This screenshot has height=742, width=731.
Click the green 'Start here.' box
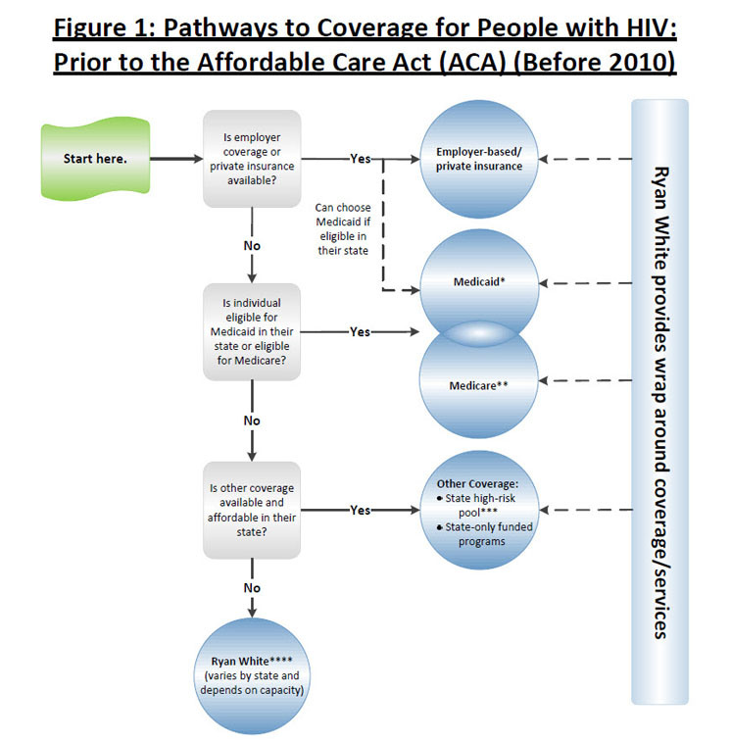95,158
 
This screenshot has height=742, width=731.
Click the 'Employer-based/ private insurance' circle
479,159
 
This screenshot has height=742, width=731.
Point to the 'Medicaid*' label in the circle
479,281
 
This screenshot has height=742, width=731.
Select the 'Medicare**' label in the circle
479,385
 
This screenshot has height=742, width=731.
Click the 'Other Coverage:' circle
479,510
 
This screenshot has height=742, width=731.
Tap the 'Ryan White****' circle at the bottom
252,676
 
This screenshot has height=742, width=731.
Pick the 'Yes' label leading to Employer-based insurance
360,159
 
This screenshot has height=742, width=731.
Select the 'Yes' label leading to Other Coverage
360,511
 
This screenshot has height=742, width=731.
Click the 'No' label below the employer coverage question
252,245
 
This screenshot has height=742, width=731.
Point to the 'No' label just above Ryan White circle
252,588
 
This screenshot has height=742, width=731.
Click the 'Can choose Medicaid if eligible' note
342,229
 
